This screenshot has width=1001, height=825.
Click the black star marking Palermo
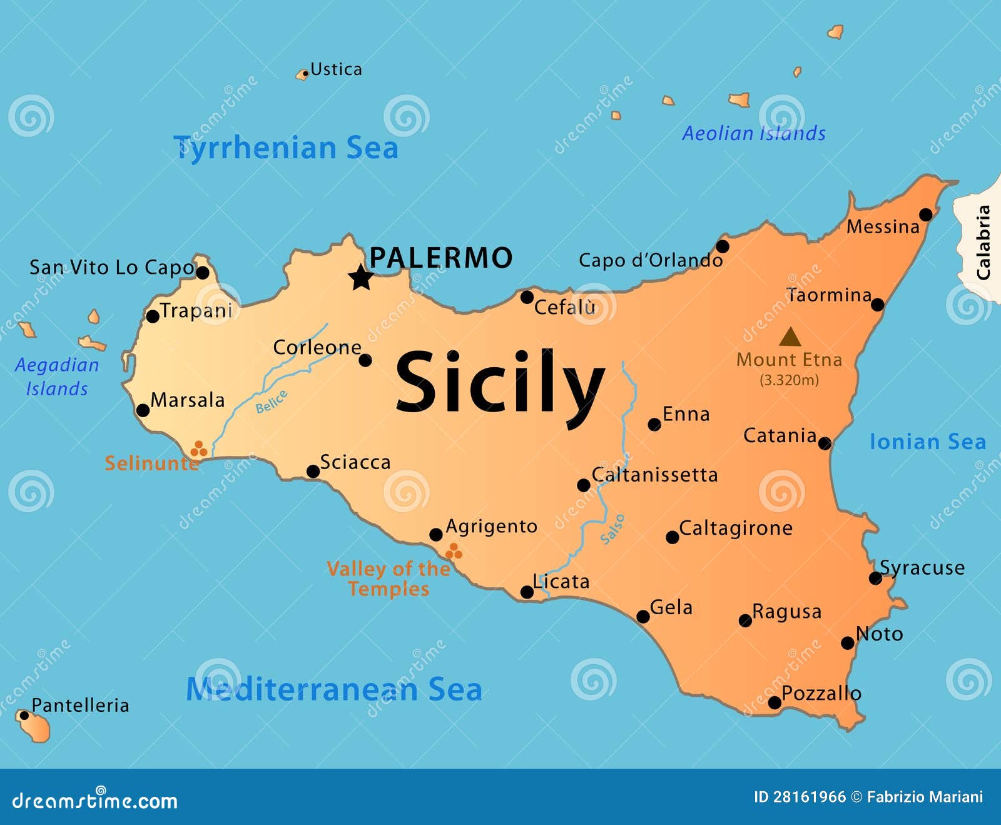click(x=361, y=277)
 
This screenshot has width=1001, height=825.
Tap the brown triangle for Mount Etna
click(x=790, y=338)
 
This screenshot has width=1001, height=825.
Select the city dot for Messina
click(x=926, y=215)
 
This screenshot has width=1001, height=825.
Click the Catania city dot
click(x=825, y=443)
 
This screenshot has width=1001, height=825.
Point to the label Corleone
click(x=317, y=348)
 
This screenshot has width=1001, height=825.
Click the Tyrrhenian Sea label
click(x=286, y=148)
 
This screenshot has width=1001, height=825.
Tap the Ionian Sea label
click(x=928, y=442)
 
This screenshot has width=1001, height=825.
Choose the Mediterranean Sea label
click(x=334, y=689)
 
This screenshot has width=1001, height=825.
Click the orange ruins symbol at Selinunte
click(x=198, y=448)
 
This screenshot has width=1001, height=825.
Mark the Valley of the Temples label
click(x=389, y=579)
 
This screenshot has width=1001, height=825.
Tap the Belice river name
click(x=272, y=402)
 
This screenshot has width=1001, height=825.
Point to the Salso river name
click(x=612, y=529)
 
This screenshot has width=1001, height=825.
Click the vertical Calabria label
click(x=983, y=243)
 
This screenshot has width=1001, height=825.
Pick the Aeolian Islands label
click(x=754, y=133)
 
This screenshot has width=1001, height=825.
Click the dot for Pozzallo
click(x=775, y=702)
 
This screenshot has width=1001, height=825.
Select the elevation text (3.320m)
click(x=789, y=380)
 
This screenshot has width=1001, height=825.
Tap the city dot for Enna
click(x=654, y=425)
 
